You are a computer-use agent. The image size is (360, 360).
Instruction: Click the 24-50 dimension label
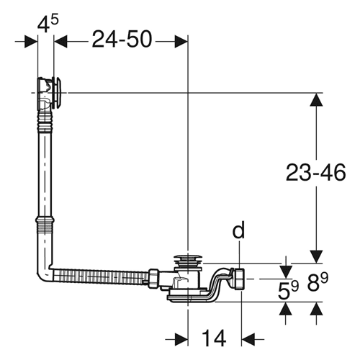pyautogui.click(x=122, y=39)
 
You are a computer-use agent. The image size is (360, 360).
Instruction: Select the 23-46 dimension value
pyautogui.click(x=316, y=172)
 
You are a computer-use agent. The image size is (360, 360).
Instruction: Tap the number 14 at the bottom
pyautogui.click(x=214, y=338)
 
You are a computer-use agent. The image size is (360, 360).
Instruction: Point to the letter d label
pyautogui.click(x=238, y=230)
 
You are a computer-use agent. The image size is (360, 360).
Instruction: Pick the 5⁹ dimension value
pyautogui.click(x=288, y=290)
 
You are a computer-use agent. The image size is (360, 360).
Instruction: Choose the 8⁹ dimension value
pyautogui.click(x=318, y=282)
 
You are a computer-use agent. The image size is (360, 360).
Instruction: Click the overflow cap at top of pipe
pyautogui.click(x=57, y=92)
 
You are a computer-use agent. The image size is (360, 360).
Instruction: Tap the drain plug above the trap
pyautogui.click(x=188, y=260)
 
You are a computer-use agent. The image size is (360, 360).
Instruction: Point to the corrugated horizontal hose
pyautogui.click(x=100, y=277)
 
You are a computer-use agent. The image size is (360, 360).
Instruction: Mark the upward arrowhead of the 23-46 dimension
pyautogui.click(x=316, y=99)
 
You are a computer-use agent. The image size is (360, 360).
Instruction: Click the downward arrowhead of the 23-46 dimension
pyautogui.click(x=316, y=256)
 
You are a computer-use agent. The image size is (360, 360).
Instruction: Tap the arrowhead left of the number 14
pyautogui.click(x=181, y=339)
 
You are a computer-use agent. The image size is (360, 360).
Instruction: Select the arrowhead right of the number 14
pyautogui.click(x=248, y=339)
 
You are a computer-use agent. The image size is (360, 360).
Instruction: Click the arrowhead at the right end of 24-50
pyautogui.click(x=181, y=42)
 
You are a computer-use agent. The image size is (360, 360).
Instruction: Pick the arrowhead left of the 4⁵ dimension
pyautogui.click(x=31, y=42)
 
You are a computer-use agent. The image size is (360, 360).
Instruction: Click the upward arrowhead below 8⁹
pyautogui.click(x=316, y=309)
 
